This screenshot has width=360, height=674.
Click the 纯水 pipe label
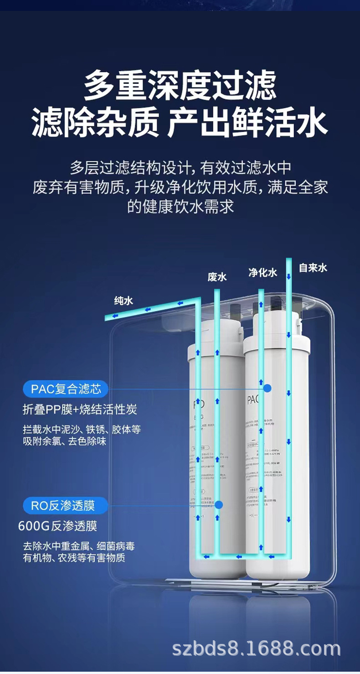click(123, 301)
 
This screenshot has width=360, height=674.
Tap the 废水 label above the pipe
click(217, 277)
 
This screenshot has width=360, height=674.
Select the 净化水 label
click(262, 273)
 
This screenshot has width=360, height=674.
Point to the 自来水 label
click(313, 268)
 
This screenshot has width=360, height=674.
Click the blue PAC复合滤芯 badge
click(66, 389)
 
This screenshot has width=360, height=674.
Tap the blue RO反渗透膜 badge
click(66, 505)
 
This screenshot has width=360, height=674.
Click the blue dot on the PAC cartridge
click(267, 389)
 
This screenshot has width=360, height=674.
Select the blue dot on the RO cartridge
click(219, 505)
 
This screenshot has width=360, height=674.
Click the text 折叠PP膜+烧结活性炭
click(80, 410)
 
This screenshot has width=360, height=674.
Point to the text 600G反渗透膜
click(57, 526)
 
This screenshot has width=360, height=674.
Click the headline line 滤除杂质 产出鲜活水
click(180, 123)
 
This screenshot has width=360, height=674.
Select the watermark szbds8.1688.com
click(256, 648)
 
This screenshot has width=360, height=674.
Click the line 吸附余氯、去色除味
click(65, 441)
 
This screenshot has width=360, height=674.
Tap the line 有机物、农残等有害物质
click(74, 557)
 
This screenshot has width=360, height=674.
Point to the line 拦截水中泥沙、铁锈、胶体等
click(82, 430)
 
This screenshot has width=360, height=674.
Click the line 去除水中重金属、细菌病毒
click(79, 546)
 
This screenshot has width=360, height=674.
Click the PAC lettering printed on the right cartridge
click(253, 400)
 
